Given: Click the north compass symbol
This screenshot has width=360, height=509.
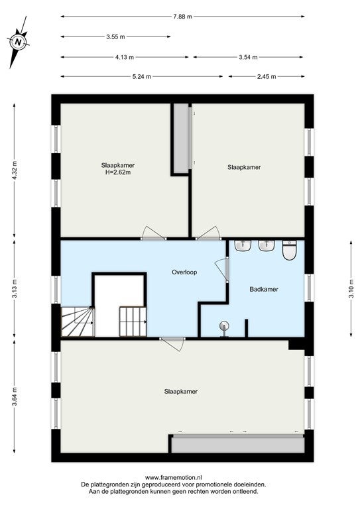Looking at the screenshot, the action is click(19, 42).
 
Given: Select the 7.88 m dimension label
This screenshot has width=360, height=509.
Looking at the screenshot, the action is click(183, 16).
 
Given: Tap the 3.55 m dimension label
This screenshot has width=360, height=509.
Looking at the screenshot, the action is click(115, 36).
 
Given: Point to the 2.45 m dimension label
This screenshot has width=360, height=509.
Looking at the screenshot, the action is click(267, 77).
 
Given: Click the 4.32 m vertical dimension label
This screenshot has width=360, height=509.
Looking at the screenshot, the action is click(15, 170).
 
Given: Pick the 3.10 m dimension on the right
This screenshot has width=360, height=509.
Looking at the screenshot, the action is click(351, 288).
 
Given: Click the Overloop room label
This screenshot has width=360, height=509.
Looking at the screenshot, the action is click(184, 272).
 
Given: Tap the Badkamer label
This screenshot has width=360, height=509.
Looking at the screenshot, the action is click(264, 289).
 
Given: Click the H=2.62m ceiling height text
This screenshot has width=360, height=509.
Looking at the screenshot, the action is click(118, 172).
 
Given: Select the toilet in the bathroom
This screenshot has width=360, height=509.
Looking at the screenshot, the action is click(289, 250).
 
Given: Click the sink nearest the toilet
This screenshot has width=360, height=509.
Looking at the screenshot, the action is click(267, 245).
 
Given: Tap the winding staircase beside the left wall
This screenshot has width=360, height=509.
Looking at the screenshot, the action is click(78, 321).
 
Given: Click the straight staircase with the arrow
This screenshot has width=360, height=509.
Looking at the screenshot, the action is click(133, 321).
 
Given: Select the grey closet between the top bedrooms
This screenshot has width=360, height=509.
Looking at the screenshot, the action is click(181, 139).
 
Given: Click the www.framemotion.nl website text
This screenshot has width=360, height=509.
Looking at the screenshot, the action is click(173, 477).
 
